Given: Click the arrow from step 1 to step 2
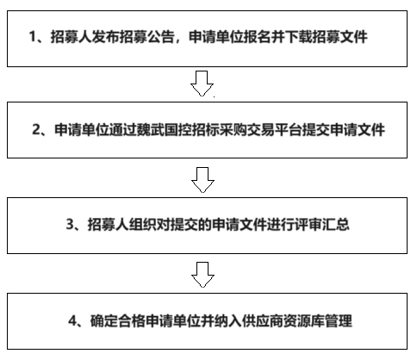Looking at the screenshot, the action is tap(202, 84).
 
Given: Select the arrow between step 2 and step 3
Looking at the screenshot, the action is tap(202, 180).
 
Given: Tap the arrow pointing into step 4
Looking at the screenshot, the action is tap(202, 275).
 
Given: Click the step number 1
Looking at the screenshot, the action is tap(33, 37).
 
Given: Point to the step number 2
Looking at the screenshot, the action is tap(36, 130).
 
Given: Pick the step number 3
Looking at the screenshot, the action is tap(71, 224).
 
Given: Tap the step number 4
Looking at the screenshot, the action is tap(72, 320).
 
